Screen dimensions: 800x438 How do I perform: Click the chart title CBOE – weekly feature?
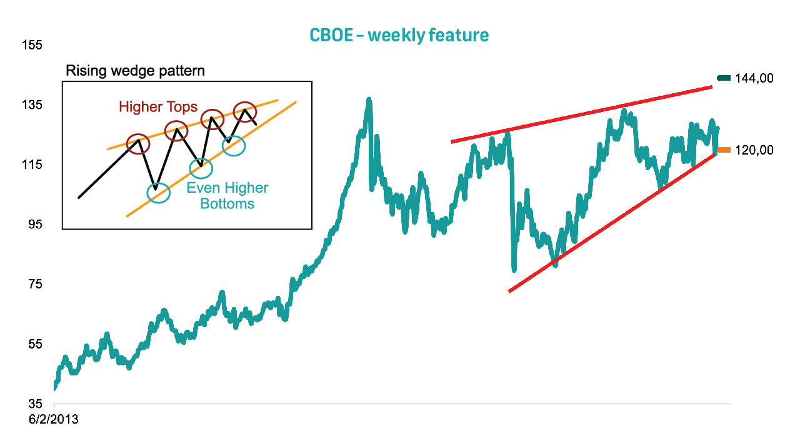pos(399,36)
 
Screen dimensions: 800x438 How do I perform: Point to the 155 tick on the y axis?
pos(32,45)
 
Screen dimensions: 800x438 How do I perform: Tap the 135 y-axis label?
pos(32,104)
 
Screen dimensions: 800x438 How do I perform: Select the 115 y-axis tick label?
pos(32,165)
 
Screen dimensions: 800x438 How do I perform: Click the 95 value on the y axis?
pos(35,224)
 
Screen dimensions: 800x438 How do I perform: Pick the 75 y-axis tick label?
pos(35,284)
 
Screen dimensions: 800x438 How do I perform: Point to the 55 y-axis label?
pos(35,344)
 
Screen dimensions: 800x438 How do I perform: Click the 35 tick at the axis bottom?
pos(35,404)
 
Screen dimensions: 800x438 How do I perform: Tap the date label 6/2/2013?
pos(54,419)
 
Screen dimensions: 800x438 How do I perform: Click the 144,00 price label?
pos(754,78)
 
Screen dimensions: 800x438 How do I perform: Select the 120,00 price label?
pos(754,150)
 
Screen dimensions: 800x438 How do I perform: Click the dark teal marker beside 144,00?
pos(724,78)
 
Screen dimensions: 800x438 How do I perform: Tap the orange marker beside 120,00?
pos(724,150)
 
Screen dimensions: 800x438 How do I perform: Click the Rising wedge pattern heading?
pos(136,71)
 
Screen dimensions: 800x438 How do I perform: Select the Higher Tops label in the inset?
pos(158,107)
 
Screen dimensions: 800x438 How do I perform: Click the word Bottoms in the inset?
pos(227,203)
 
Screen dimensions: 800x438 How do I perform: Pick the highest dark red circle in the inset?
pos(245,102)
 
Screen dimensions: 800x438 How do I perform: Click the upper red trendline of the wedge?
pos(582,115)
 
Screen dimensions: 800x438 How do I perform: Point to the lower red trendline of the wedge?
pos(612,222)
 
